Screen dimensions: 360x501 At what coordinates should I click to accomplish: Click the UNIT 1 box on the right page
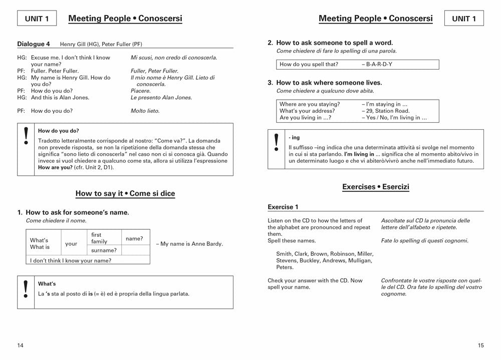click(x=464, y=19)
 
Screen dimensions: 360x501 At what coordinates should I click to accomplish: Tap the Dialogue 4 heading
click(x=34, y=44)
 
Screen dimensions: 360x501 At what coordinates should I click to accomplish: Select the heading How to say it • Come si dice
click(x=125, y=193)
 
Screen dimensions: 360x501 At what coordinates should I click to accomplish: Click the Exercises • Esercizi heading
click(x=376, y=187)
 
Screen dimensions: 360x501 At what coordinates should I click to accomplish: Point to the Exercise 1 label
click(x=283, y=207)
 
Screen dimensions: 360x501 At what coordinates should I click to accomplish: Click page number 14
click(x=21, y=345)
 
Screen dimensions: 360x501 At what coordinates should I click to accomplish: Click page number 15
click(x=480, y=345)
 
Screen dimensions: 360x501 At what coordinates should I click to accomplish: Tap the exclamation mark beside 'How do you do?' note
click(x=26, y=136)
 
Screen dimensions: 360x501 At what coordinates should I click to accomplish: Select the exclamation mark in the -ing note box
click(x=276, y=143)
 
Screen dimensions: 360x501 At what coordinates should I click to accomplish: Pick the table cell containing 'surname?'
click(x=104, y=250)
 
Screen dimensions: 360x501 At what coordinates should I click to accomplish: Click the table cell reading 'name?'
click(x=134, y=239)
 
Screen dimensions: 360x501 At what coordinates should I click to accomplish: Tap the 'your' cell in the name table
click(x=71, y=244)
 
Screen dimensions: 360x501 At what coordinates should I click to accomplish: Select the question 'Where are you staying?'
click(x=310, y=104)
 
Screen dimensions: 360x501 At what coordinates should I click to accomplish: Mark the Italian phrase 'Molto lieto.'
click(x=145, y=111)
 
